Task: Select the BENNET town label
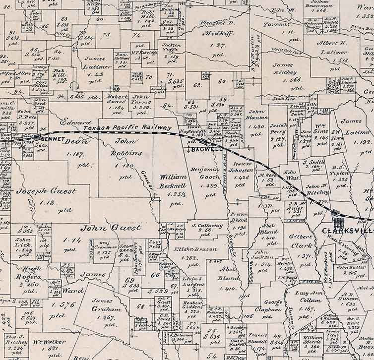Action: point(53,139)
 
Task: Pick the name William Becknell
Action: point(174,181)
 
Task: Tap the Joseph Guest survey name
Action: point(46,191)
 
